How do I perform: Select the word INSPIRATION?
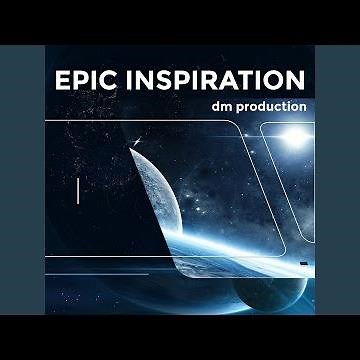click(219, 80)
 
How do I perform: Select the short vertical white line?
click(78, 192)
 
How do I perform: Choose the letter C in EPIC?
click(118, 80)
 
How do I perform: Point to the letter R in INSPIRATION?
click(211, 80)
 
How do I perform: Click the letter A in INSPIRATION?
click(229, 80)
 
